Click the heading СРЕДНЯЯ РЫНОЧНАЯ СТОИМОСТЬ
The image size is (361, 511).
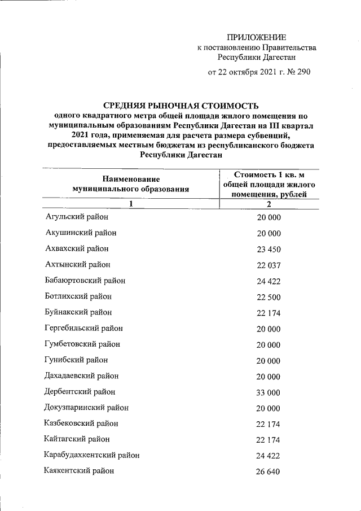180,106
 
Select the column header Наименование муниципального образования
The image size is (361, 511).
127,185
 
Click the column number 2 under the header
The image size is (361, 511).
269,204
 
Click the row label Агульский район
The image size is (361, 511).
76,217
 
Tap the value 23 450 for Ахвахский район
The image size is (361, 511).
269,249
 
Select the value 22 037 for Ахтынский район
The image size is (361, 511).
269,265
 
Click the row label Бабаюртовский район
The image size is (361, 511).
85,281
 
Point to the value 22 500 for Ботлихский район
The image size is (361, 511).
269,296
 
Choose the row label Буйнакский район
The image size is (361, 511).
78,312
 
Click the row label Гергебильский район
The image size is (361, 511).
83,328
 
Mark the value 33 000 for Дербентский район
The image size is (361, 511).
269,392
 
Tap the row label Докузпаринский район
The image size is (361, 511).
86,407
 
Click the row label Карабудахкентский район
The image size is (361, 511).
92,455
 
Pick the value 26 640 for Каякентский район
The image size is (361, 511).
269,471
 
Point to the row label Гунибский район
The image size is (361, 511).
76,360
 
